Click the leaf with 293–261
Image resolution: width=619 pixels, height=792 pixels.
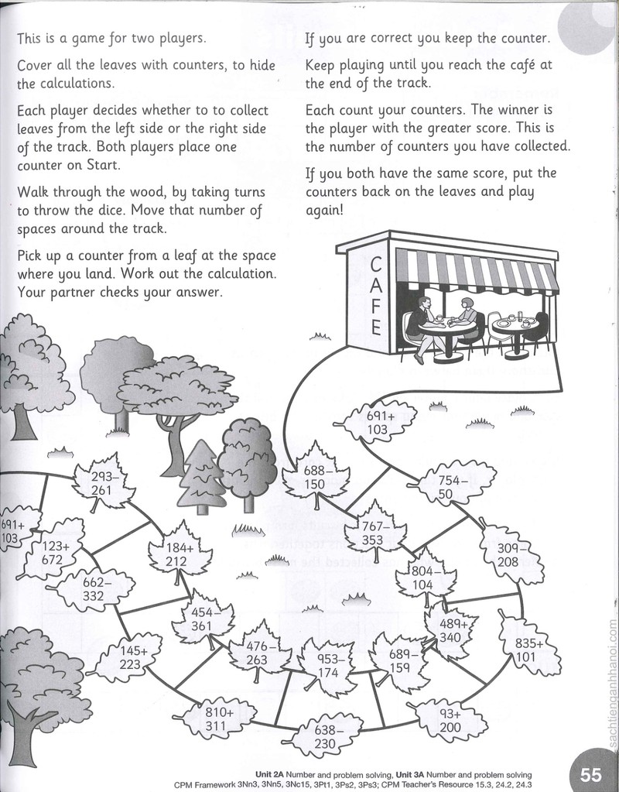pyautogui.click(x=105, y=482)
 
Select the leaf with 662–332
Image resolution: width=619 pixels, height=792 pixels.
pyautogui.click(x=94, y=589)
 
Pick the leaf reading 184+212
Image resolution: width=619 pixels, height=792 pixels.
pyautogui.click(x=180, y=554)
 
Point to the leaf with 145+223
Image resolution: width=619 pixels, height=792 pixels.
pyautogui.click(x=129, y=657)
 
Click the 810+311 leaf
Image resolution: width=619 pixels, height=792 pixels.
pyautogui.click(x=217, y=719)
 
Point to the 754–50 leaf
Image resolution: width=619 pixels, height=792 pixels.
pyautogui.click(x=451, y=485)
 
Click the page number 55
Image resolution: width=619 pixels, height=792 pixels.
pyautogui.click(x=590, y=774)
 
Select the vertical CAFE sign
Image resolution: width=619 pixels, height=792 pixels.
pyautogui.click(x=375, y=296)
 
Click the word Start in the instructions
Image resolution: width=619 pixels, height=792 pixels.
pyautogui.click(x=104, y=165)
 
